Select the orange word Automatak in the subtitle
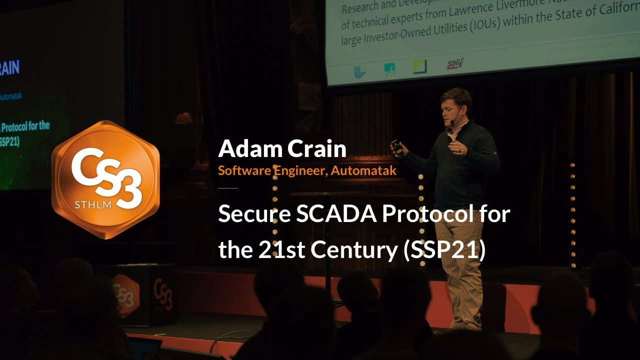point(363,170)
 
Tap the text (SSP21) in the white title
point(444,250)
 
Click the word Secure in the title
point(254,214)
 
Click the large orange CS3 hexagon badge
point(105,179)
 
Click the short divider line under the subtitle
point(228,188)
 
